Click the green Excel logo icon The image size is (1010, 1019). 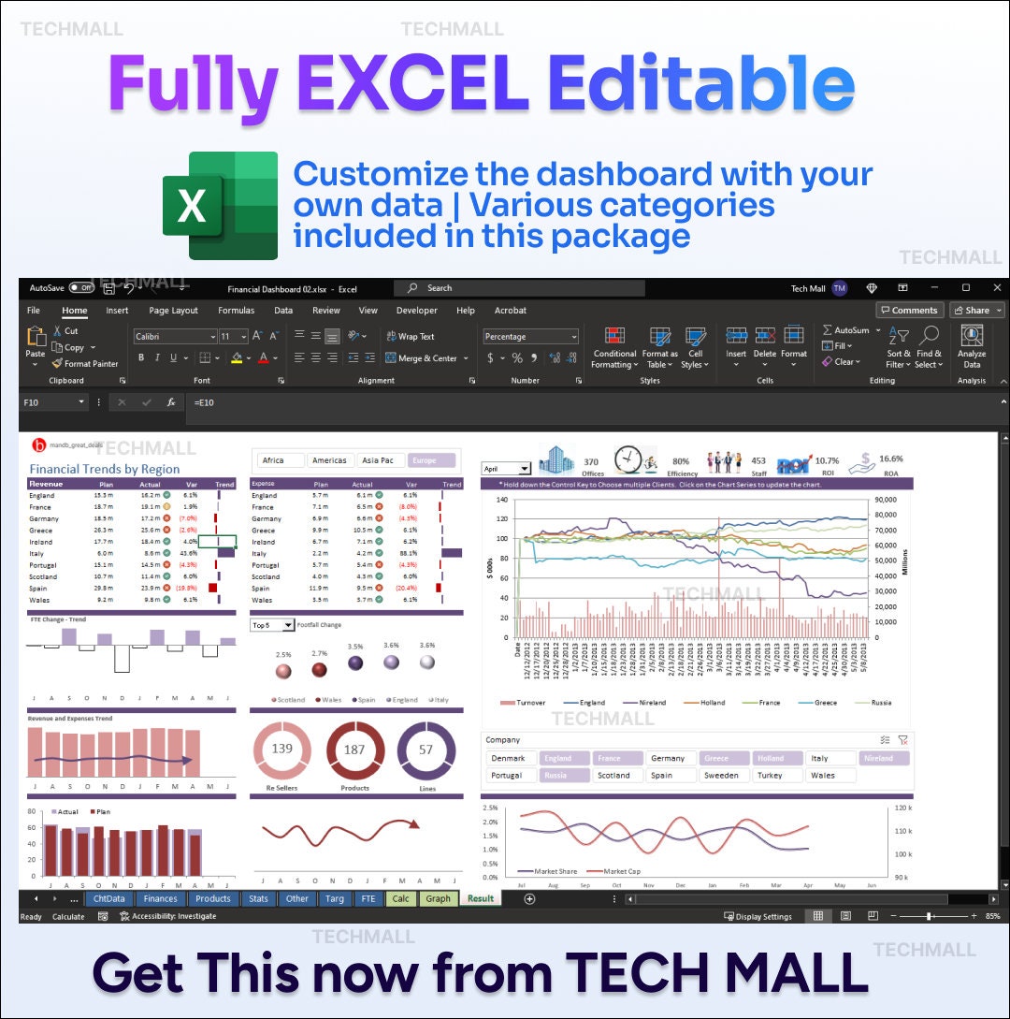pos(220,205)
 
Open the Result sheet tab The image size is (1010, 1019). pos(481,898)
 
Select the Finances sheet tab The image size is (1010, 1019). pos(160,898)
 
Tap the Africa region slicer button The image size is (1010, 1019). pos(281,460)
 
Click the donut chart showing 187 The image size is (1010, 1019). pos(354,750)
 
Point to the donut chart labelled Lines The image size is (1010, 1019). pos(426,750)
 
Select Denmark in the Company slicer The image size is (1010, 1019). pos(511,758)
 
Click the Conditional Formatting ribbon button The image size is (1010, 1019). pos(614,347)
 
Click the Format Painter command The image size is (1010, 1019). pos(85,364)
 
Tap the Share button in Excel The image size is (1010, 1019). pos(976,311)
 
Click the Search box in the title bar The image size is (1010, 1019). pos(519,288)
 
